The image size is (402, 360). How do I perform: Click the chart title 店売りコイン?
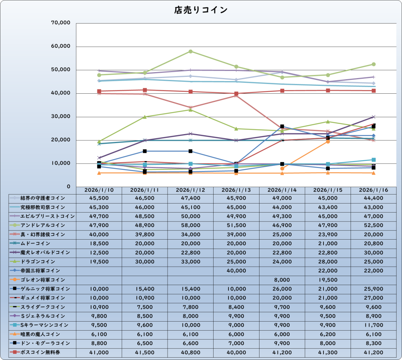point(201,10)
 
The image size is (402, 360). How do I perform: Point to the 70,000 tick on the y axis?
point(61,23)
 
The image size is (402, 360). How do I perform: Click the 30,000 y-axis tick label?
point(61,116)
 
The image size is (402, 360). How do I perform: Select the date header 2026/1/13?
point(236,190)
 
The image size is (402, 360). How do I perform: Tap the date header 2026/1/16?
point(374,190)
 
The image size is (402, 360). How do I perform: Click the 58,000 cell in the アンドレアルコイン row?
point(190,225)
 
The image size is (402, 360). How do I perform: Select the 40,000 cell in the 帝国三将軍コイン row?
point(236,271)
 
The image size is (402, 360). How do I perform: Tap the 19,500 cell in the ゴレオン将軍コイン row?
point(328,280)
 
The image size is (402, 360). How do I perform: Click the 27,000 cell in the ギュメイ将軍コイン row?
point(374,298)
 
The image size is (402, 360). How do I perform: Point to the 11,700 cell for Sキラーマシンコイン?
point(374,325)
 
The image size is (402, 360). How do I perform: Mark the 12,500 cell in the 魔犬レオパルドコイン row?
point(99,253)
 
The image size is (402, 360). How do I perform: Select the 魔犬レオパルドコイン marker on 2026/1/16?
point(374,117)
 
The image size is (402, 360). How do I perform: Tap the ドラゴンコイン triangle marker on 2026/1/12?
point(190,110)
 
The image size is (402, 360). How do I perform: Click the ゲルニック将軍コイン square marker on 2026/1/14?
point(282,126)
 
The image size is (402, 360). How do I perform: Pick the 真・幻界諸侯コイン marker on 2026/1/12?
point(190,107)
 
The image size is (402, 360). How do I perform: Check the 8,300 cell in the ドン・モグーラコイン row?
point(374,343)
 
